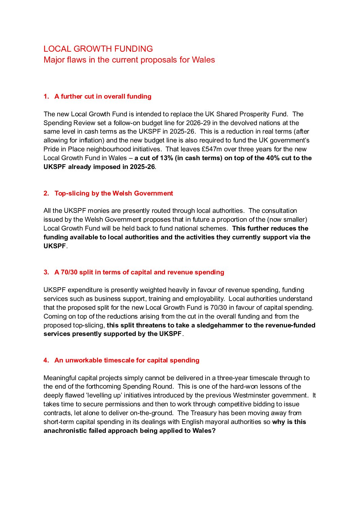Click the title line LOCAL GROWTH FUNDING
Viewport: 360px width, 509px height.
[x=98, y=49]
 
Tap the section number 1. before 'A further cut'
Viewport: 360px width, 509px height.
[x=46, y=97]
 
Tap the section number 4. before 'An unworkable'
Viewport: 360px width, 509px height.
[x=46, y=360]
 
